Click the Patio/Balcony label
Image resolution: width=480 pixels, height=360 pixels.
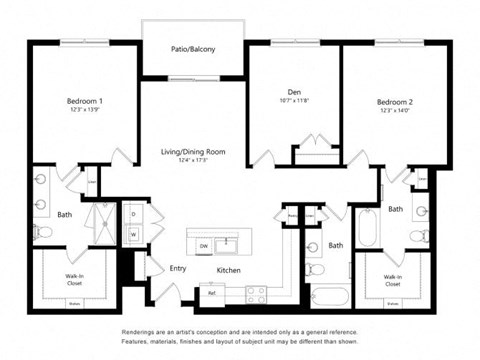tap(193, 49)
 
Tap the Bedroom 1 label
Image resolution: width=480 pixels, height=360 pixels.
tap(85, 101)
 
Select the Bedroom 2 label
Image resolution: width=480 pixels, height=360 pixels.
tap(395, 102)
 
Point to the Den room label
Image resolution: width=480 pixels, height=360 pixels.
tap(295, 92)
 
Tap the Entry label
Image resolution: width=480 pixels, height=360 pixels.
tap(178, 268)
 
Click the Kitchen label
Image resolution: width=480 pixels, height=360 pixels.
tap(230, 270)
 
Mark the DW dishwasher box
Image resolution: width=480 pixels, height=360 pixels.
tap(203, 245)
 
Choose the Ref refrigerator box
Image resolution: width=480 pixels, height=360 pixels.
tap(211, 293)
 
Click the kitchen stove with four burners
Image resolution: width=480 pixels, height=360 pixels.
tap(256, 293)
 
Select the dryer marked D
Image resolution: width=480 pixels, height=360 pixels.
tap(133, 215)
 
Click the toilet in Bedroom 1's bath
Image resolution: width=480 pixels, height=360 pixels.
tap(43, 232)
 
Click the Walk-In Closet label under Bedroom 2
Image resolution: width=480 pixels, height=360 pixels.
tap(393, 280)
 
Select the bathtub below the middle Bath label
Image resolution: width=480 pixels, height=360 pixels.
tap(329, 297)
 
